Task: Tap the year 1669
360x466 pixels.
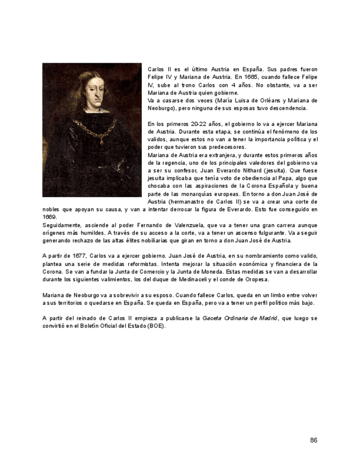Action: pos(49,217)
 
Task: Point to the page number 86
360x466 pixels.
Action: pos(313,440)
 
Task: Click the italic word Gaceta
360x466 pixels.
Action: pos(213,318)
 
